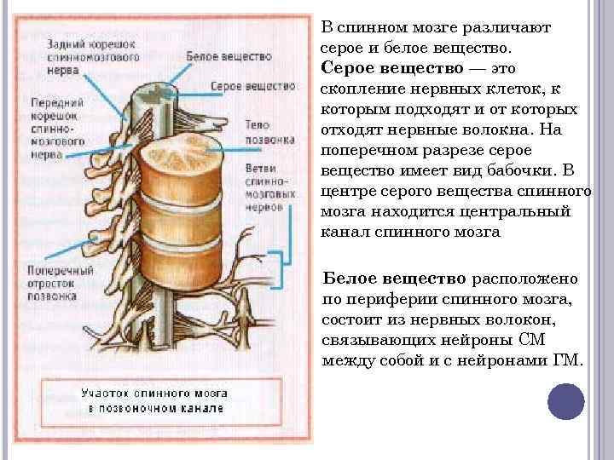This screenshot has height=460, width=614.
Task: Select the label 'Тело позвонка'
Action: pyautogui.click(x=269, y=129)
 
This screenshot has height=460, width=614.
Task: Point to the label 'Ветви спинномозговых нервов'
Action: pyautogui.click(x=270, y=181)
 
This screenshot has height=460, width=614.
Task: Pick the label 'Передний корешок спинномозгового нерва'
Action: pyautogui.click(x=55, y=120)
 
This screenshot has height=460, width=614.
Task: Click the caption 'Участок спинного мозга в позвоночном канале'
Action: pyautogui.click(x=153, y=400)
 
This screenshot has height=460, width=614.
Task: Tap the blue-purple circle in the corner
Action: pyautogui.click(x=565, y=402)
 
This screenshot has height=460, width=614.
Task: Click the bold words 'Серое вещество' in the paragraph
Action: pyautogui.click(x=392, y=67)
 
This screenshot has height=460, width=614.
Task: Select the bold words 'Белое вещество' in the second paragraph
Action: pyautogui.click(x=394, y=279)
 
